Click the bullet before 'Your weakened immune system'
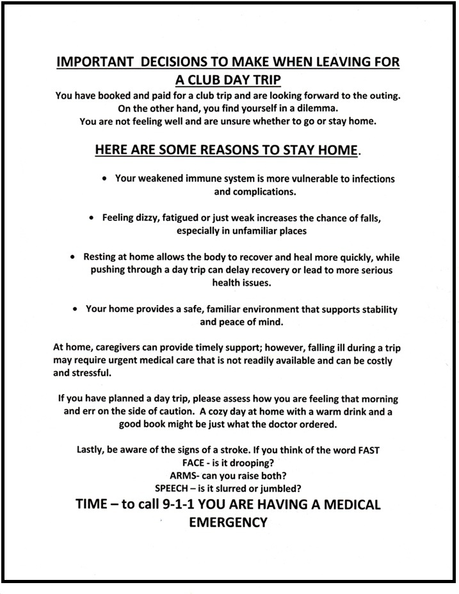[x=104, y=179]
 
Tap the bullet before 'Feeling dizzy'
[x=92, y=218]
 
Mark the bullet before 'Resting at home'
[x=73, y=258]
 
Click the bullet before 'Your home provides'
[x=75, y=309]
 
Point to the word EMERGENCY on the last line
[x=228, y=523]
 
